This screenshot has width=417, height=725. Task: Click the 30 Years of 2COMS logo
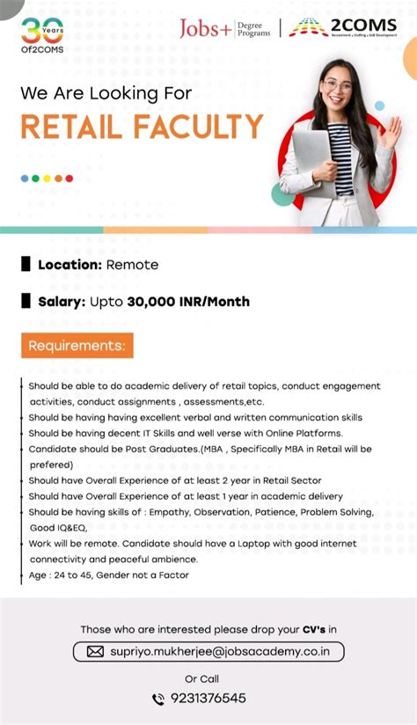[x=42, y=34]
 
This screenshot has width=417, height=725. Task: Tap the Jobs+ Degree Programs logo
[x=225, y=29]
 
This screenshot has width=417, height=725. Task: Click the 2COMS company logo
[x=343, y=28]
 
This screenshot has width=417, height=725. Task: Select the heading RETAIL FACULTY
[x=142, y=127]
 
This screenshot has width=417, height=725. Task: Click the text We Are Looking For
[x=106, y=92]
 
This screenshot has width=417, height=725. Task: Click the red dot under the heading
[x=69, y=178]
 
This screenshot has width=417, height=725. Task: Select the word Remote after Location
[x=132, y=264]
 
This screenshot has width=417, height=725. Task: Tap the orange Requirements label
[x=77, y=345]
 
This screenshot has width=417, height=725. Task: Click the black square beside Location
[x=26, y=264]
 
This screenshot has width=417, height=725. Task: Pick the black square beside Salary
[x=26, y=302]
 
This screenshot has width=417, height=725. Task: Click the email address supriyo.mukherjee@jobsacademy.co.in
[x=222, y=652]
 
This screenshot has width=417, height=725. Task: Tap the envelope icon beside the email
[x=95, y=652]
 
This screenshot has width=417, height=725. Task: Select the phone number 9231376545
[x=208, y=699]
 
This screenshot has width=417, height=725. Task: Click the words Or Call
[x=202, y=678]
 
